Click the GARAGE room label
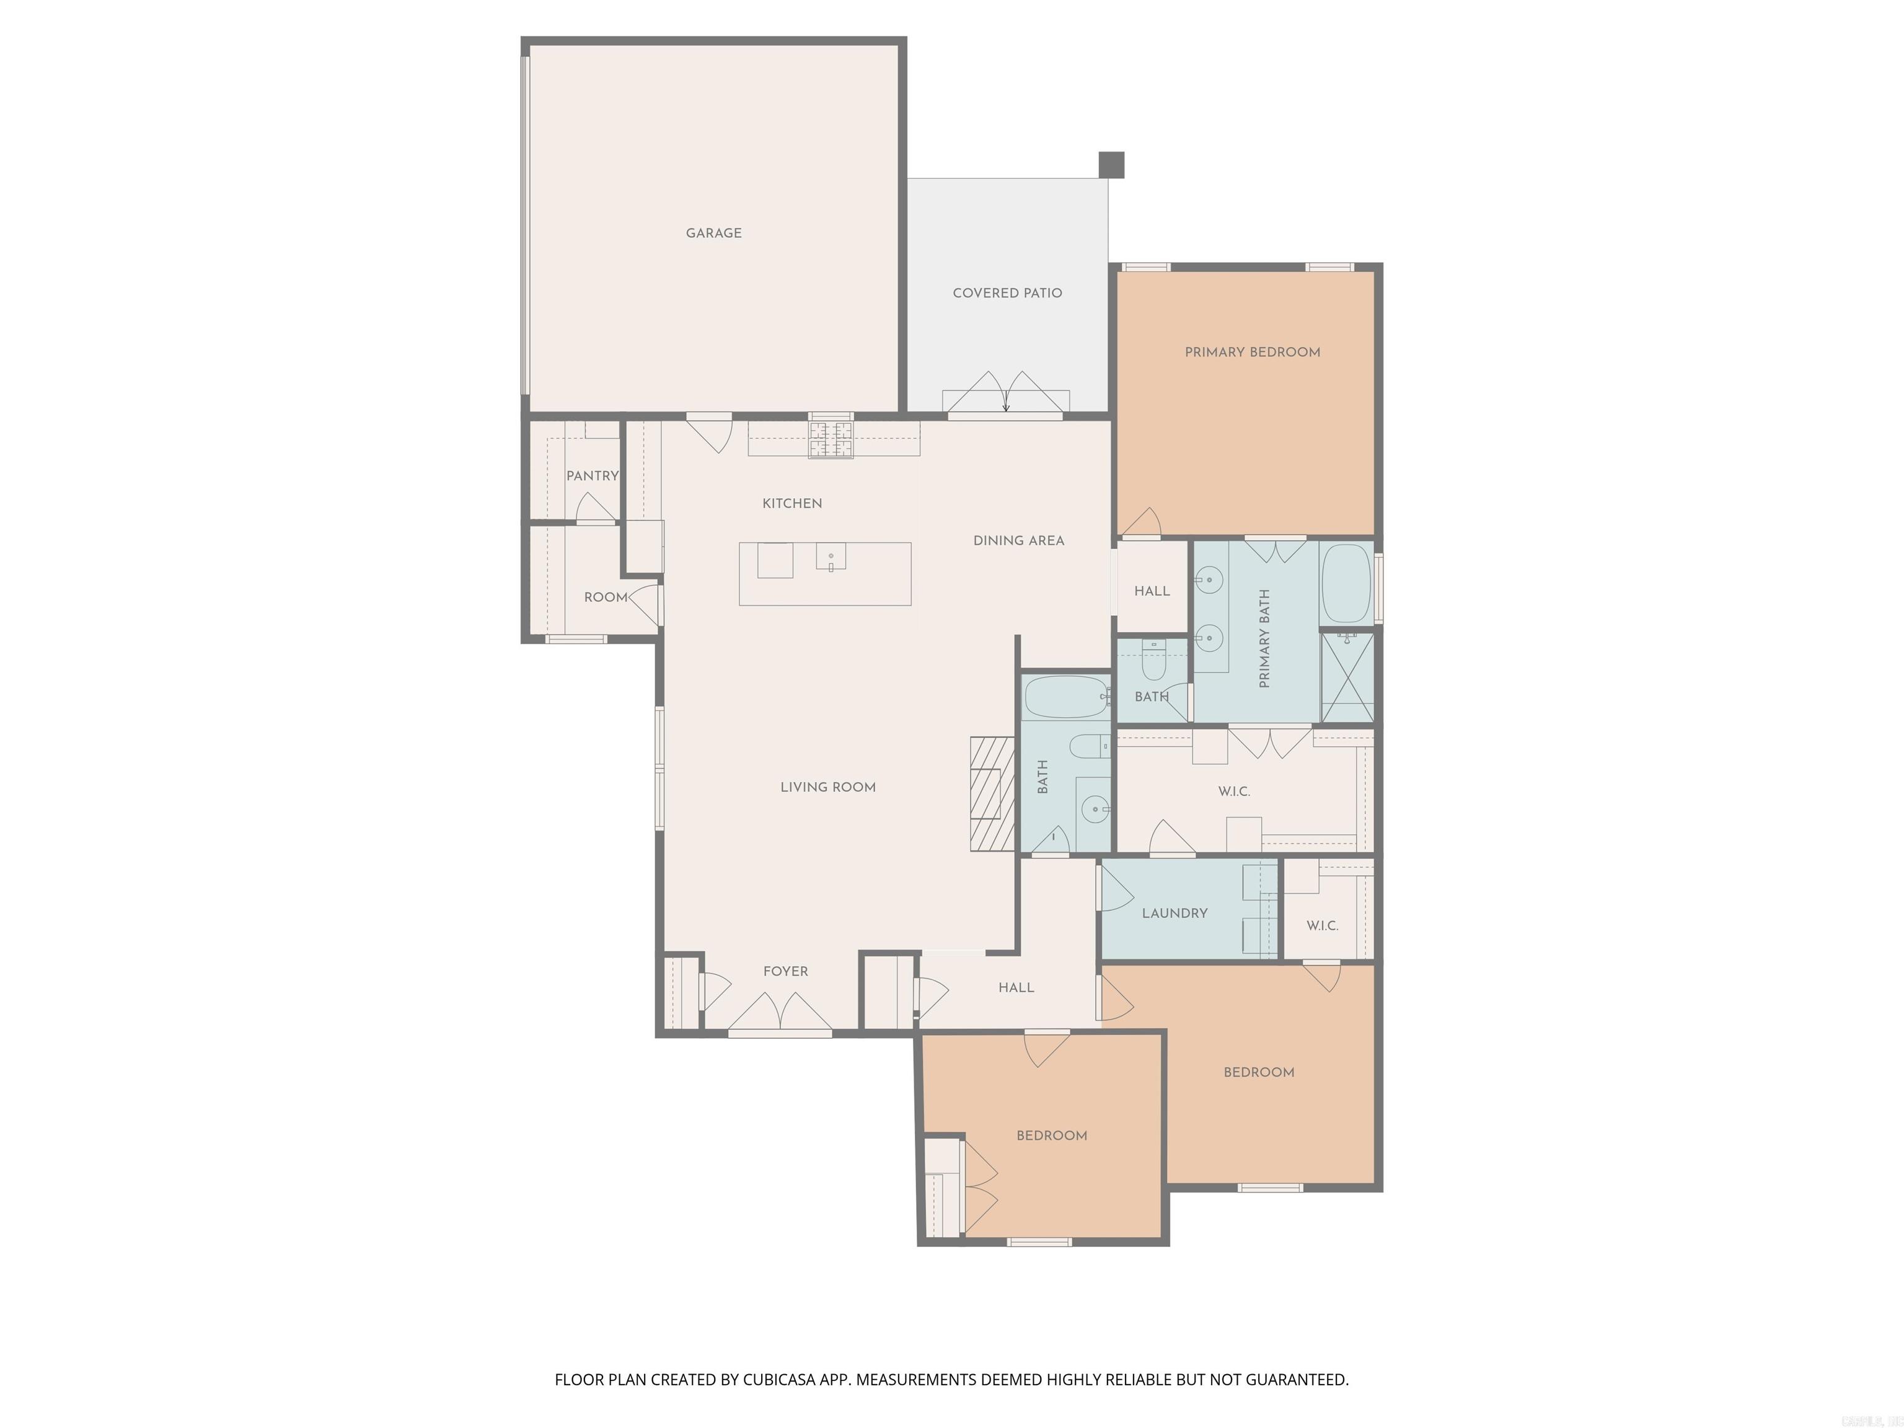coord(713,233)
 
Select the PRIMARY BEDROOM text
coord(1253,352)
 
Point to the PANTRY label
coord(592,476)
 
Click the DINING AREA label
coord(1018,540)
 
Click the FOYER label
coord(785,971)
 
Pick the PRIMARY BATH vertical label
coord(1264,638)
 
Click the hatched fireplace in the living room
coord(992,793)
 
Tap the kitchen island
coord(824,573)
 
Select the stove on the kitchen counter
coord(831,438)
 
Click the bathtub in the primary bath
coord(1346,583)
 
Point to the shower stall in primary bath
coord(1347,677)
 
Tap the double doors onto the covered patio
coord(1005,394)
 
